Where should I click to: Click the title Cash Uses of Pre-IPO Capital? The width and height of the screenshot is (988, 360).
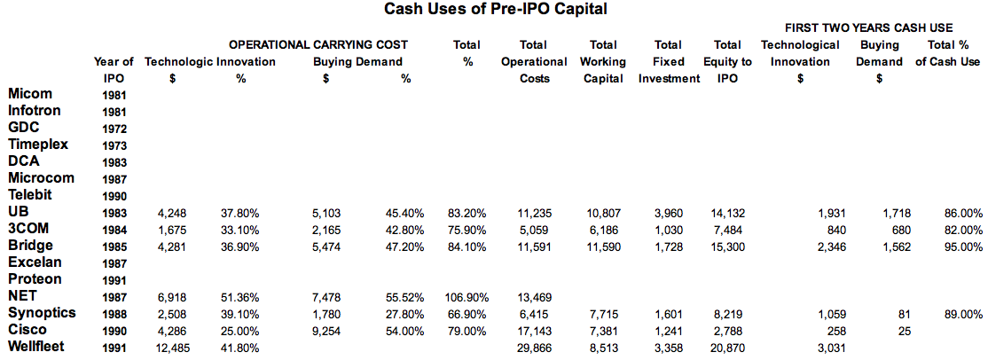495,10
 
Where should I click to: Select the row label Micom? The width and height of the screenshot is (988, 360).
30,94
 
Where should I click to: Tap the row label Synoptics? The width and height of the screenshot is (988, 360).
43,313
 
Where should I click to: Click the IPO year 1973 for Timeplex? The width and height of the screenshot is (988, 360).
114,145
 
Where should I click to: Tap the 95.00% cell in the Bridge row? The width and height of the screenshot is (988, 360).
963,247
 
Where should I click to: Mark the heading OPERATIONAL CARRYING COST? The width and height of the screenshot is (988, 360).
318,44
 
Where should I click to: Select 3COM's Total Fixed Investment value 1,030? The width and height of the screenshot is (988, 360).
678,230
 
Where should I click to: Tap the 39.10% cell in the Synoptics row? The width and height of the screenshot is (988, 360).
240,314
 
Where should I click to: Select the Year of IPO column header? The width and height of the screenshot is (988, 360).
114,69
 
